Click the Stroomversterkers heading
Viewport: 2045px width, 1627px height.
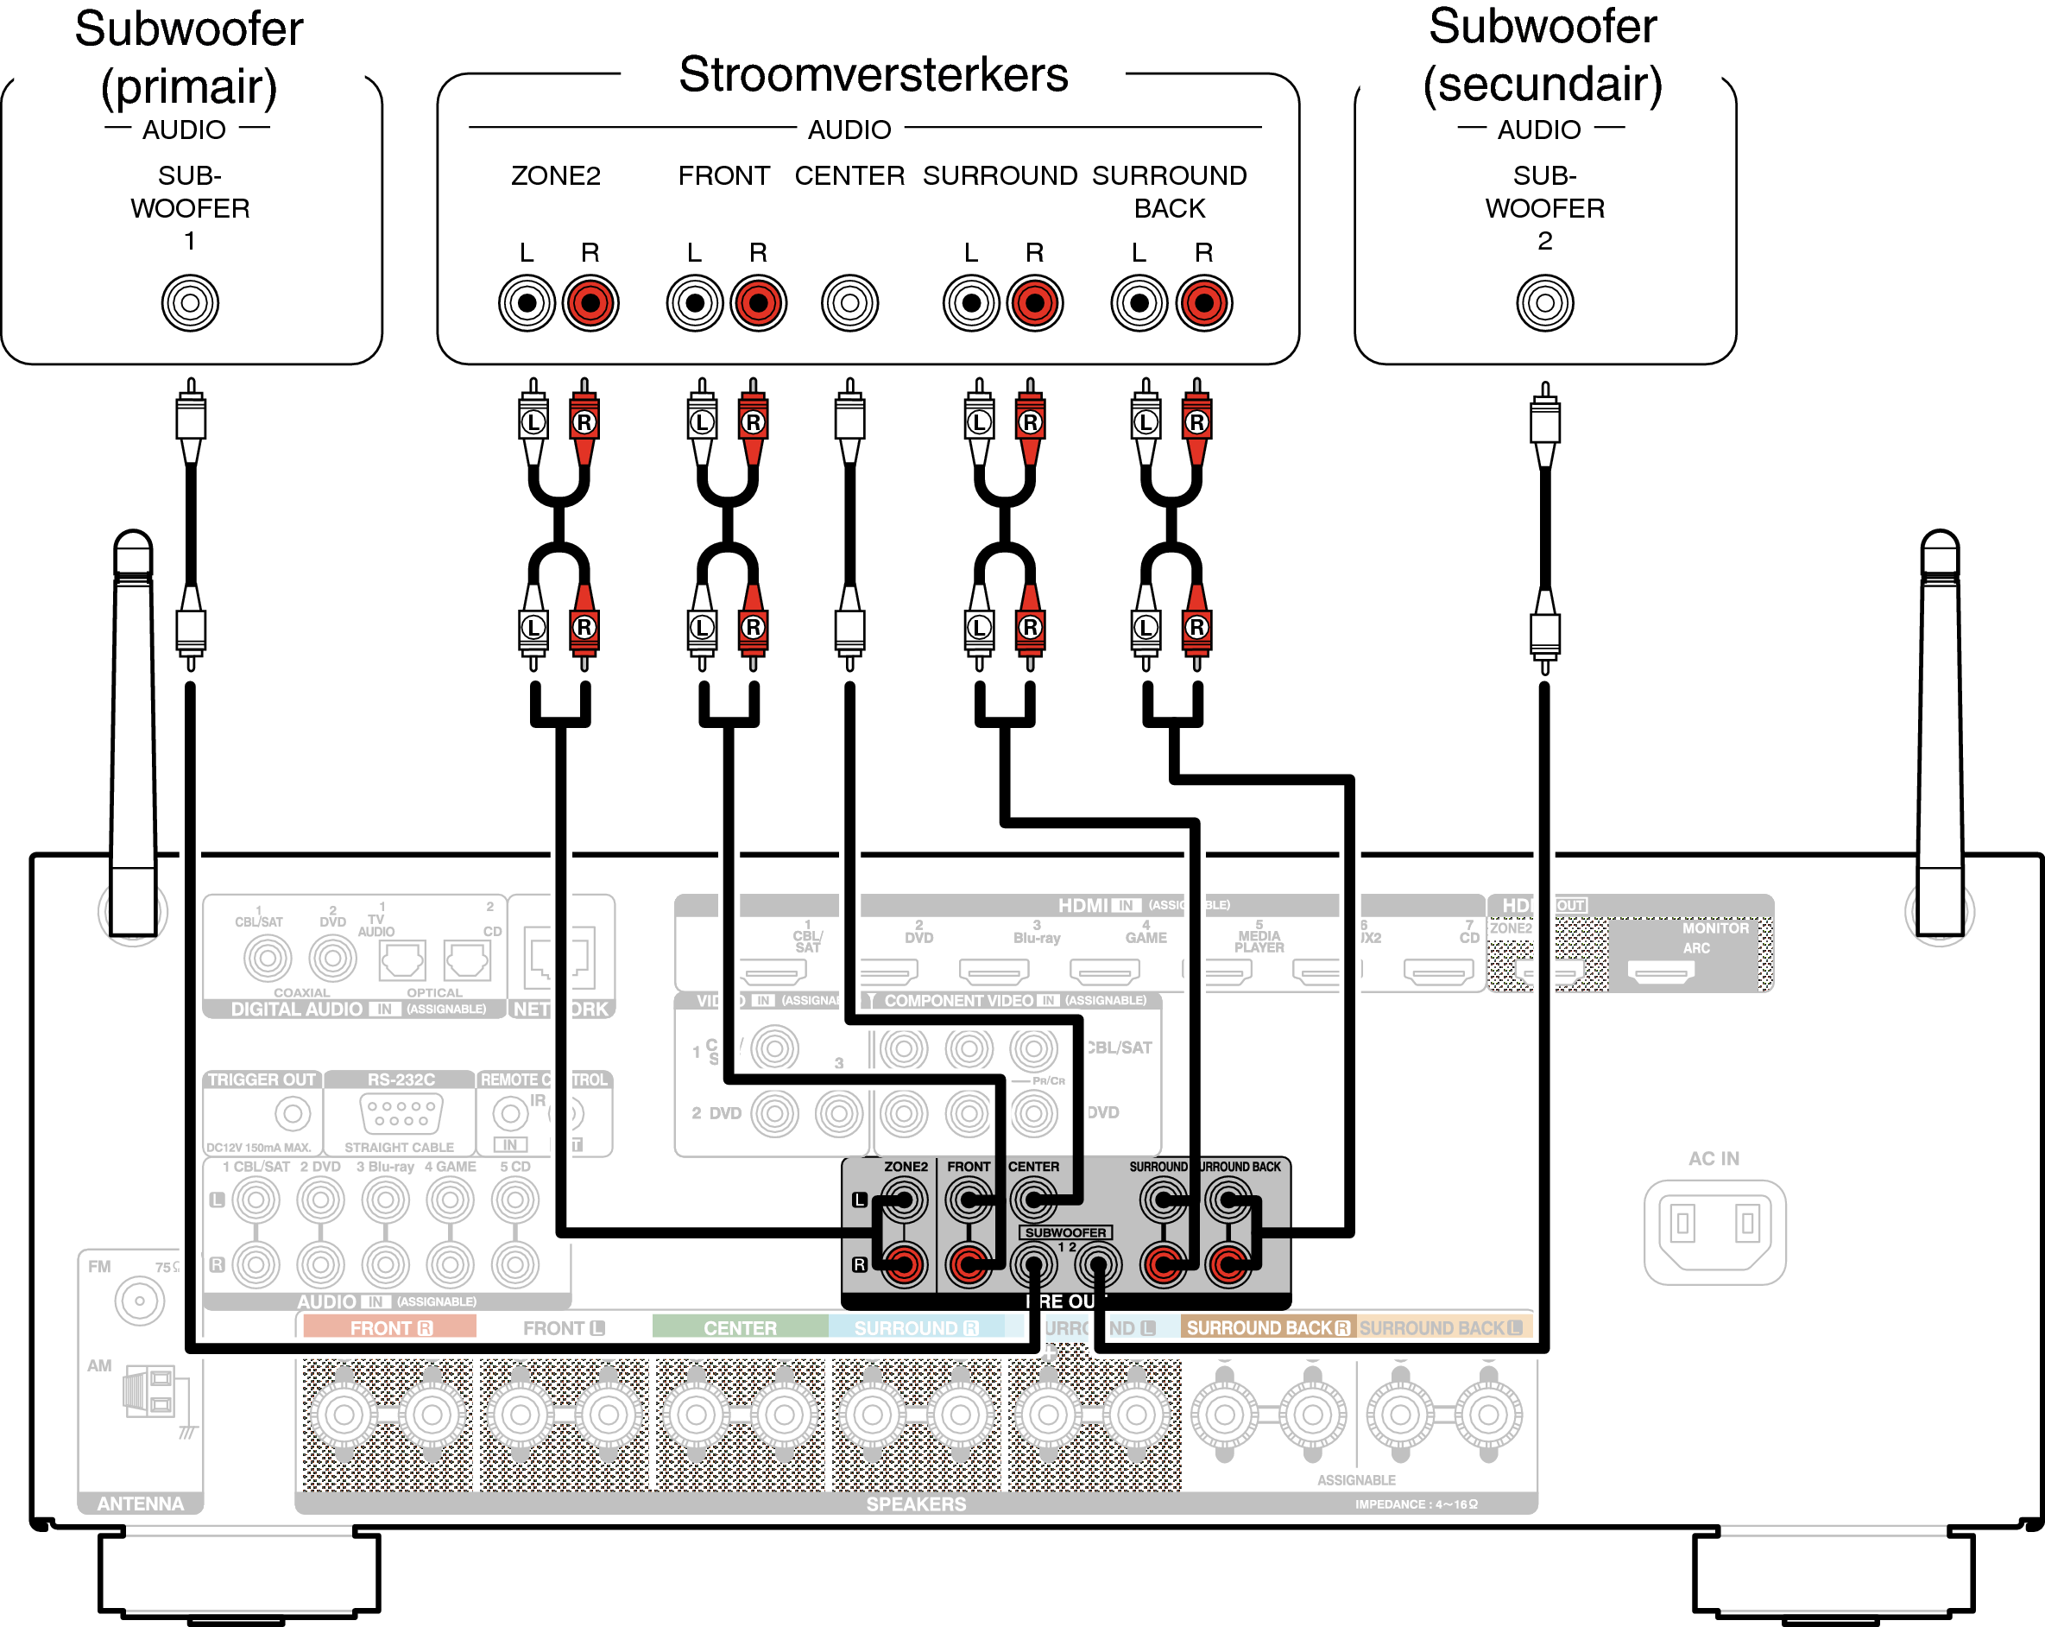(873, 74)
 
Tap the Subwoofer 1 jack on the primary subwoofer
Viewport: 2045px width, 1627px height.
(190, 302)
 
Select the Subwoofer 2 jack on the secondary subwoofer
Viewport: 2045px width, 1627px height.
(1544, 302)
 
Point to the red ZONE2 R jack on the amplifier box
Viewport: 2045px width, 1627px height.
(590, 302)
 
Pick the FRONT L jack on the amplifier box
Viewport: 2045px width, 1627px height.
(694, 302)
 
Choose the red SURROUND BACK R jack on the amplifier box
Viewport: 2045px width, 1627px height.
(1203, 302)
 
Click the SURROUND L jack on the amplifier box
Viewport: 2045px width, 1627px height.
(970, 302)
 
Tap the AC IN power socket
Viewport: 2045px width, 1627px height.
(1714, 1231)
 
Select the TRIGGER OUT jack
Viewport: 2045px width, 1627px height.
(292, 1113)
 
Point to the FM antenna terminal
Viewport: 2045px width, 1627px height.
(140, 1301)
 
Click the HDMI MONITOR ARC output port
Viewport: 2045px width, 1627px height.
(1660, 972)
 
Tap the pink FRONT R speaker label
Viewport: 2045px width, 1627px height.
(390, 1328)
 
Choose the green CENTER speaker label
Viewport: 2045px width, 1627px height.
(740, 1328)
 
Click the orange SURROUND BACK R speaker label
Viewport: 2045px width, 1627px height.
(1267, 1328)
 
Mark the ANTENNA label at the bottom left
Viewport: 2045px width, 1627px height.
(141, 1504)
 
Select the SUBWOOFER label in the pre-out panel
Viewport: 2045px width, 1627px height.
(1065, 1232)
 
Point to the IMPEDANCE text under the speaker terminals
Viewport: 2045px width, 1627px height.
(1415, 1504)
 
